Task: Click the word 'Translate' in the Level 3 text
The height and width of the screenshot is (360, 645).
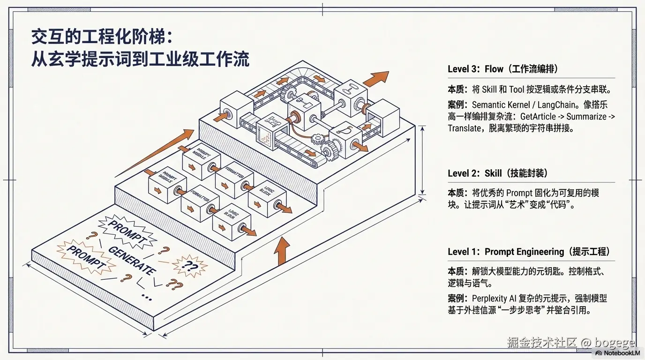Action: [463, 128]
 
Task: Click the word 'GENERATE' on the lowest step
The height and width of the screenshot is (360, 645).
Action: [131, 260]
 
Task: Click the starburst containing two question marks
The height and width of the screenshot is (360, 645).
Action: [189, 266]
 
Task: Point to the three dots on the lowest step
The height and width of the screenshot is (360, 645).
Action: [146, 297]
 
